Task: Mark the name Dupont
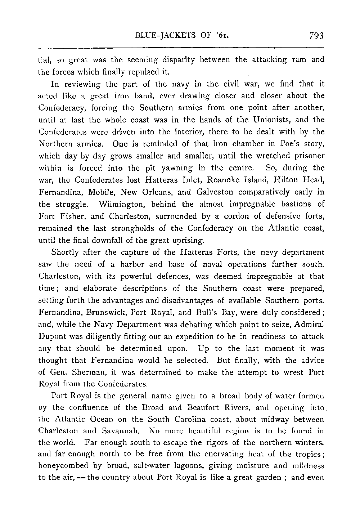pyautogui.click(x=50, y=336)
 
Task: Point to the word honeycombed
pyautogui.click(x=60, y=466)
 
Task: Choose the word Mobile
pyautogui.click(x=109, y=192)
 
